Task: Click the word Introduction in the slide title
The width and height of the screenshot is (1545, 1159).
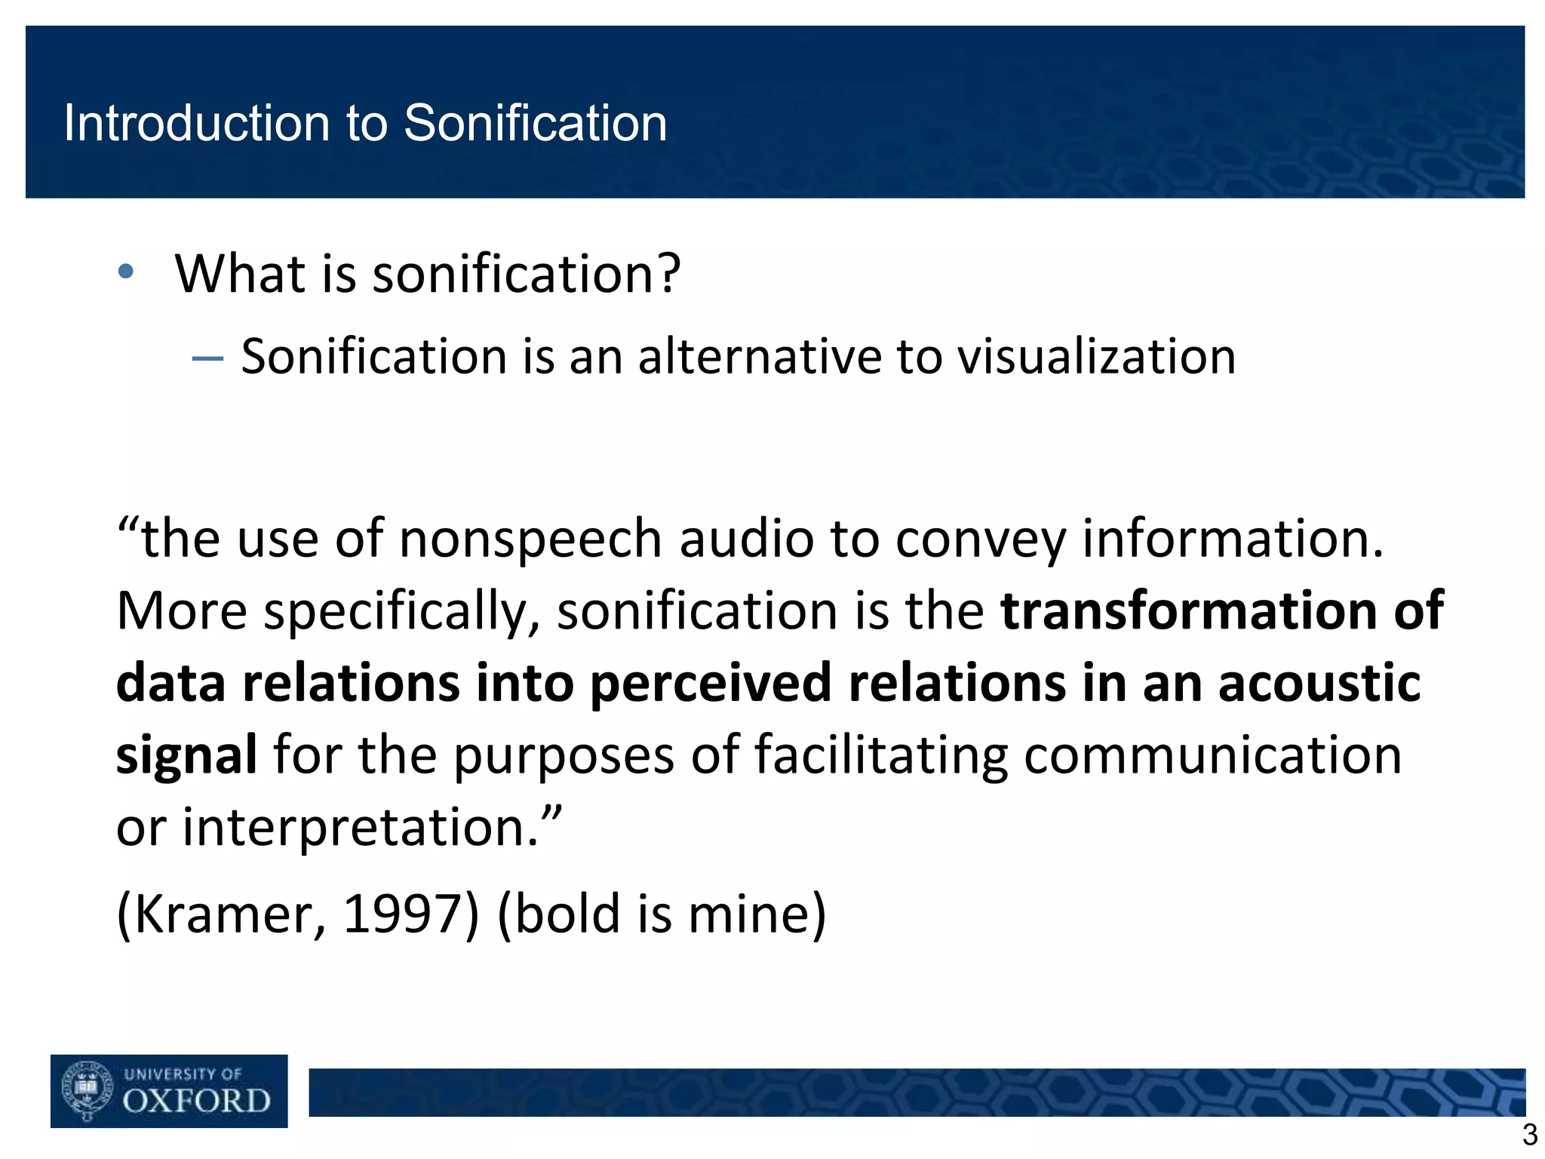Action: (x=197, y=123)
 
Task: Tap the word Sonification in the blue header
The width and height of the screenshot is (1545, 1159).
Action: (x=535, y=123)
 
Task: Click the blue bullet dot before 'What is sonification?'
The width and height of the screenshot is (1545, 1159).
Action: (x=126, y=272)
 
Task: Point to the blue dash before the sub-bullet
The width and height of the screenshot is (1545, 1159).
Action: (x=207, y=358)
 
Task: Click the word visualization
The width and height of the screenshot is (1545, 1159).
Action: (x=1096, y=356)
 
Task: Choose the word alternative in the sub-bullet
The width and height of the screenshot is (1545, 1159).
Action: (x=759, y=356)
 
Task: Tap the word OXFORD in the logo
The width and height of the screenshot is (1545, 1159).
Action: (x=196, y=1101)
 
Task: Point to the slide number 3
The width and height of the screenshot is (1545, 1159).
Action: (x=1529, y=1135)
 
